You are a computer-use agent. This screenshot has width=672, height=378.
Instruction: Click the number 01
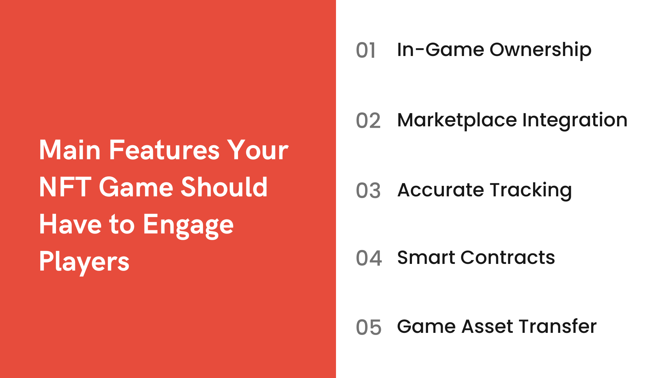point(365,50)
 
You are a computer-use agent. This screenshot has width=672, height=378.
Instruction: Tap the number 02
point(368,121)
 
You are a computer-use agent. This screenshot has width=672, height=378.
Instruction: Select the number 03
point(368,191)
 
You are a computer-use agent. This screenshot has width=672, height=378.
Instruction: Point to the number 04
point(369,258)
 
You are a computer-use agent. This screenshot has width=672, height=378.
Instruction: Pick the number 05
point(368,328)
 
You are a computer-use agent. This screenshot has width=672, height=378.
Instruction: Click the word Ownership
point(540,50)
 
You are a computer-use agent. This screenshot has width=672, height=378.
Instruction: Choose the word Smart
point(426,258)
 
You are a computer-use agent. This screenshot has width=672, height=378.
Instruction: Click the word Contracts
point(507,258)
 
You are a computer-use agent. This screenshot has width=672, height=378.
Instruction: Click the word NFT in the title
point(65,187)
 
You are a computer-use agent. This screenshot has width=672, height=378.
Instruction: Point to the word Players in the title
point(84,262)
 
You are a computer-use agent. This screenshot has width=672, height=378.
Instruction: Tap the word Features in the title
point(164,150)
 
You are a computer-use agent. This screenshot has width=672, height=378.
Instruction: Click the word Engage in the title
point(188,225)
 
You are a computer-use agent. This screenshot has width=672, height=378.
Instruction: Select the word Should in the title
point(224,187)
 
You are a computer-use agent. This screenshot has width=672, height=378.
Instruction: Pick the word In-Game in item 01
point(440,50)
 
